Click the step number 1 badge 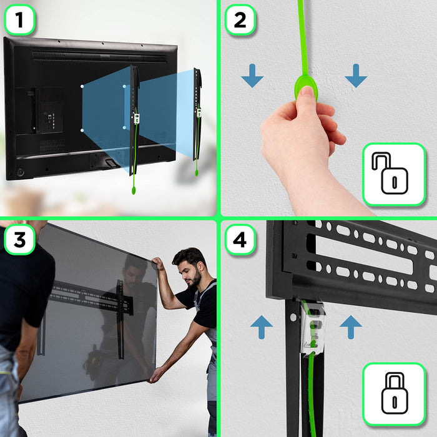click(x=20, y=20)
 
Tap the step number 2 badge click(x=240, y=20)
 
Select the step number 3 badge click(x=20, y=239)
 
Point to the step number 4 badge click(x=240, y=239)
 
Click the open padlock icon click(x=393, y=174)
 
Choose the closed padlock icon click(x=393, y=394)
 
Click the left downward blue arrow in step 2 click(x=252, y=77)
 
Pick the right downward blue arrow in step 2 click(x=355, y=77)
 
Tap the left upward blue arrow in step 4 click(x=261, y=327)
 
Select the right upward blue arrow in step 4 click(x=351, y=327)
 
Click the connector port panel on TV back click(x=50, y=111)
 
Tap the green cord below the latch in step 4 click(x=310, y=387)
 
